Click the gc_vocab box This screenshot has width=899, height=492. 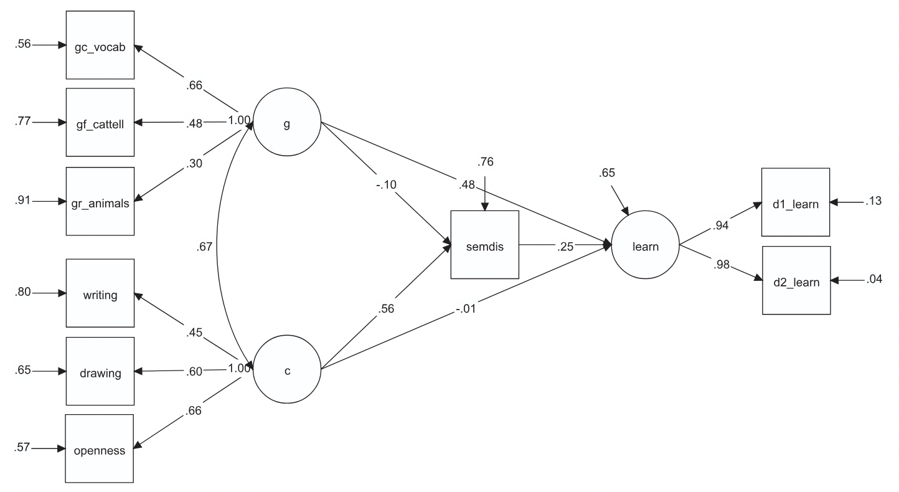[x=100, y=45]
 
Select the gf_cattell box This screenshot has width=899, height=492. [x=100, y=122]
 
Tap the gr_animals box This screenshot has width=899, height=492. [x=100, y=201]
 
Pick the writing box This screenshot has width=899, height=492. [x=100, y=293]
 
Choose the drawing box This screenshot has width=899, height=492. [x=100, y=372]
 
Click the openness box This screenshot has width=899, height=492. [x=100, y=448]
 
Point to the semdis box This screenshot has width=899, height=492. [x=484, y=245]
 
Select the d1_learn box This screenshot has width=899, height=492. [x=796, y=202]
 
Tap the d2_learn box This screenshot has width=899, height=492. [x=796, y=280]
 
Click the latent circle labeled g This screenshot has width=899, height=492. [x=286, y=123]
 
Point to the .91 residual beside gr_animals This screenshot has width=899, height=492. [x=22, y=201]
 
